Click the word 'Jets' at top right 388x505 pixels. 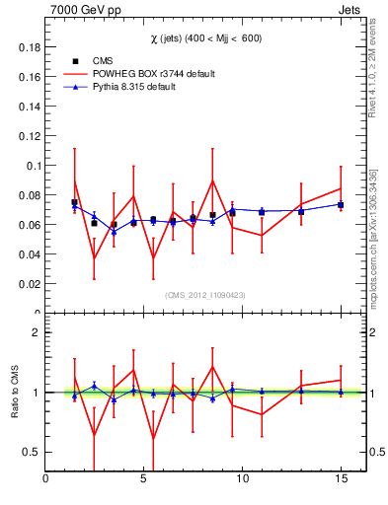coord(350,10)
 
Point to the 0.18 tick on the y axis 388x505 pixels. coord(29,47)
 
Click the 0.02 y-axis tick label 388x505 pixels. coord(29,284)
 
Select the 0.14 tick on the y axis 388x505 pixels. coord(29,107)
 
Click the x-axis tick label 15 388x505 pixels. coord(340,479)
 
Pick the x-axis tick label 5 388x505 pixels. coord(144,479)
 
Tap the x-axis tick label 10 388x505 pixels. coord(242,479)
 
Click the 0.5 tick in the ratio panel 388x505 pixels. coord(31,452)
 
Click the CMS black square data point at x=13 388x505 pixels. coord(301,212)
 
